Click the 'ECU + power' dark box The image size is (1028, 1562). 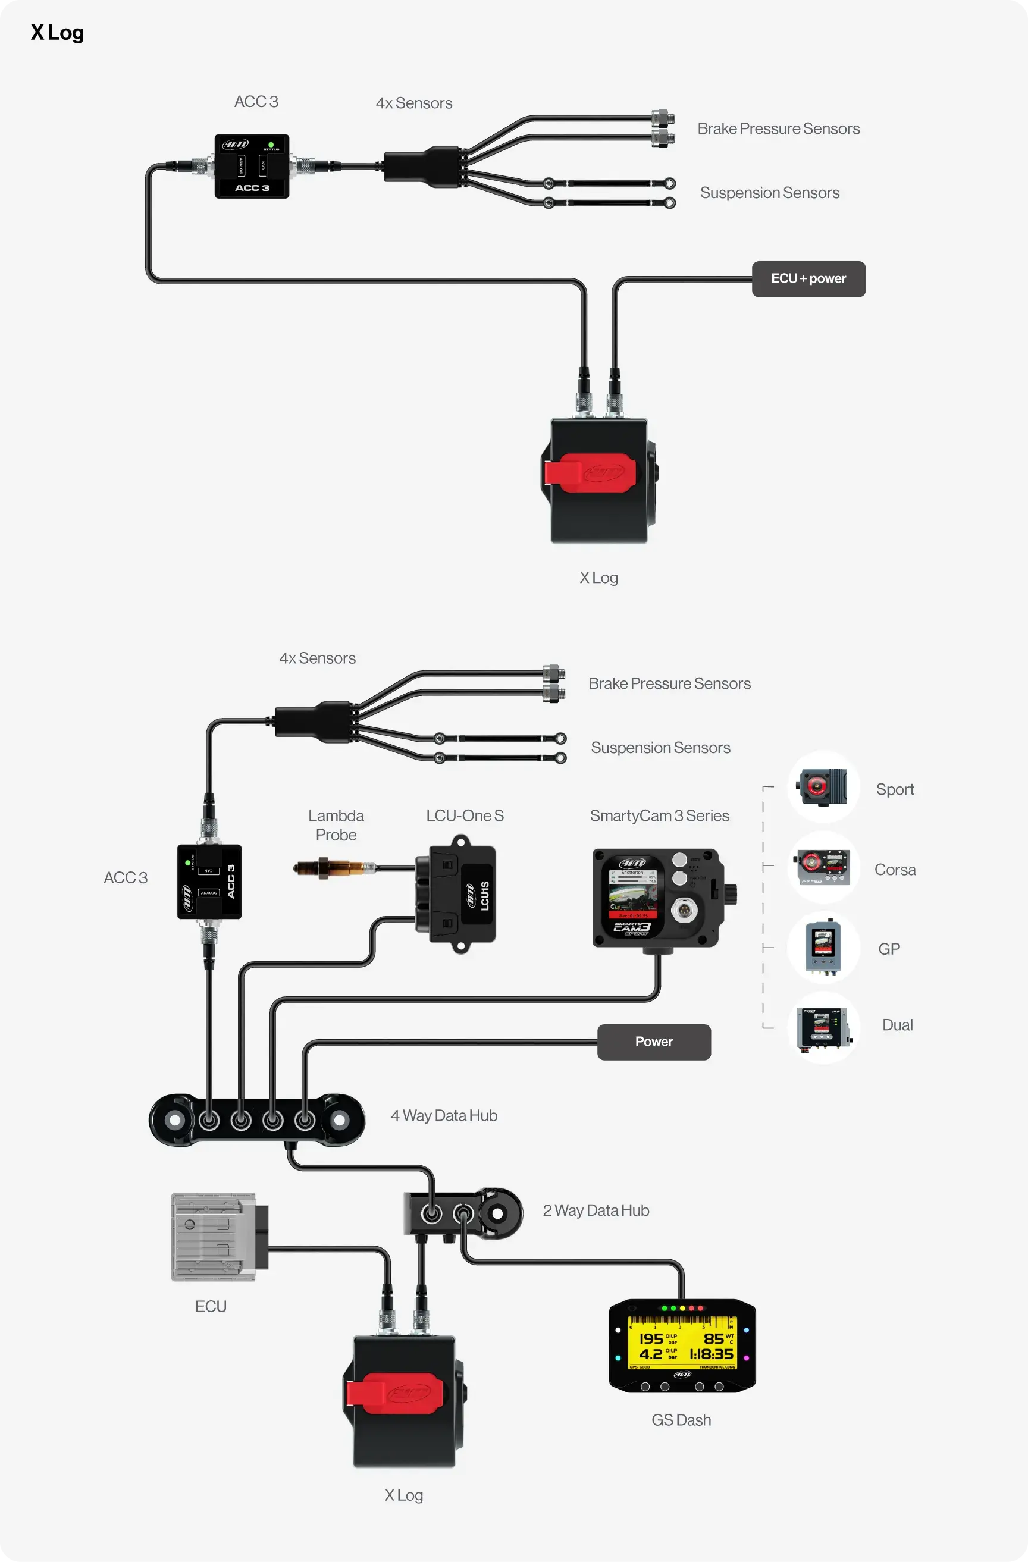coord(808,279)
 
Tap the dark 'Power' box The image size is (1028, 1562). coord(654,1042)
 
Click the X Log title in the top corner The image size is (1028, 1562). coord(57,33)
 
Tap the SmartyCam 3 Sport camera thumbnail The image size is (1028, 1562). coord(823,787)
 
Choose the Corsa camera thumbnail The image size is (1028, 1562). coord(823,868)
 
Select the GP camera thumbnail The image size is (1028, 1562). coord(823,947)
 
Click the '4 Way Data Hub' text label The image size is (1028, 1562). coord(444,1116)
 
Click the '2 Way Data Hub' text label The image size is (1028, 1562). coord(596,1210)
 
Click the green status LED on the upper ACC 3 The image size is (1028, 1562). coord(271,145)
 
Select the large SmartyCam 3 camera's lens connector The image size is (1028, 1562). coord(686,909)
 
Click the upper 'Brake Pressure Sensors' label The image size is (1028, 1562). coord(778,128)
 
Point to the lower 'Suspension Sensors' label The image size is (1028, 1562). coord(660,748)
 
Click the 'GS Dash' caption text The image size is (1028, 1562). coord(681,1420)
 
